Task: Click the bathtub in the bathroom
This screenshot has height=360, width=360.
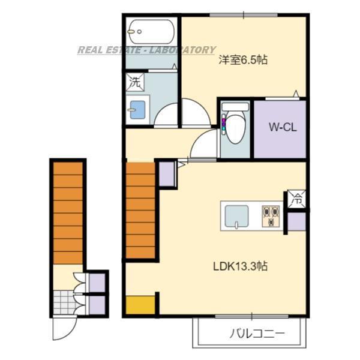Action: coord(151,29)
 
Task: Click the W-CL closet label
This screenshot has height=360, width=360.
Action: coord(280,127)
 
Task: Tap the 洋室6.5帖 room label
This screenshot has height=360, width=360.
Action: coord(243,60)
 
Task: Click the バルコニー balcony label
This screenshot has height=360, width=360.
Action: coord(256,334)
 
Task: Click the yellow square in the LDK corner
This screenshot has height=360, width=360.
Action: coord(140,304)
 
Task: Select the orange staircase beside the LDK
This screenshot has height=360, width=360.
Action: coord(141,210)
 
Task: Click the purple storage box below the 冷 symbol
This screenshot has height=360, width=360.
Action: coord(297,221)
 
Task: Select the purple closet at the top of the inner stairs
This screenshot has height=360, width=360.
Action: coord(166,173)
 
